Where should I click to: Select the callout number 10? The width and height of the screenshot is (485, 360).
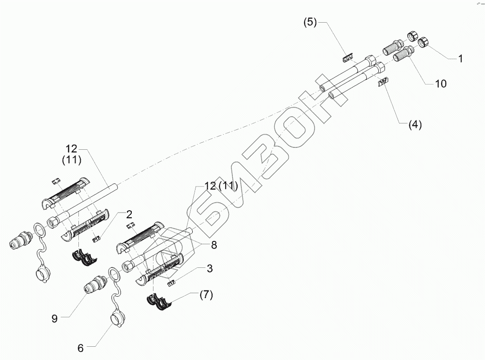pyautogui.click(x=440, y=84)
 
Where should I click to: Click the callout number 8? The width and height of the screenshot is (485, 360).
pyautogui.click(x=213, y=246)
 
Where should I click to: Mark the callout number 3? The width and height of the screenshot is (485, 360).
pyautogui.click(x=209, y=268)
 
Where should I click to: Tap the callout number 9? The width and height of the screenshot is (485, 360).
pyautogui.click(x=54, y=318)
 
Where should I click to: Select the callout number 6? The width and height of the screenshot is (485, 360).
pyautogui.click(x=80, y=348)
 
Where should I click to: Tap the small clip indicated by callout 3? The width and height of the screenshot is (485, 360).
pyautogui.click(x=172, y=283)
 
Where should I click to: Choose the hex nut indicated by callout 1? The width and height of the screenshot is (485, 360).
pyautogui.click(x=424, y=43)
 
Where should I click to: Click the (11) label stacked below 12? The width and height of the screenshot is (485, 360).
pyautogui.click(x=72, y=160)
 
